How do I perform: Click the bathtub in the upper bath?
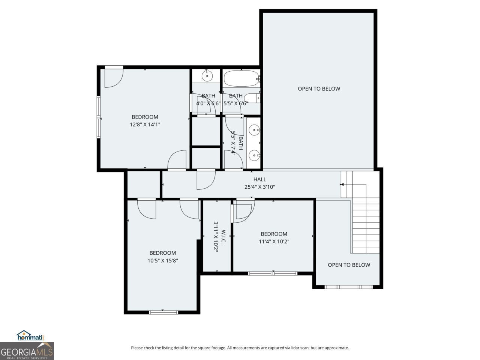[x=241, y=79]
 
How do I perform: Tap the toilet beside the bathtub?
[x=255, y=98]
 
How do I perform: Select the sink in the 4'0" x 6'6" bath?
[x=207, y=76]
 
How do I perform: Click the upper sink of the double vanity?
[x=255, y=130]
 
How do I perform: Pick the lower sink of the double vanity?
[x=255, y=155]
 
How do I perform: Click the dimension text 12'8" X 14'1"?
[x=145, y=124]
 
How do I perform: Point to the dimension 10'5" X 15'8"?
[x=162, y=260]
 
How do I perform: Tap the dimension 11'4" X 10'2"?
[x=274, y=241]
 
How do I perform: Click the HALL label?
[x=259, y=180]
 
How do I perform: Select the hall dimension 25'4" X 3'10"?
[x=259, y=187]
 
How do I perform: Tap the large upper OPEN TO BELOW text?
[x=319, y=89]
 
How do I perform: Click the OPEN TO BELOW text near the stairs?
[x=349, y=265]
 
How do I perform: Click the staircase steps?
[x=366, y=221]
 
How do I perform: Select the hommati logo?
[x=30, y=336]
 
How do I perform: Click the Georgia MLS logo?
[x=27, y=351]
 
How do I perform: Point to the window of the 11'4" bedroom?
[x=273, y=273]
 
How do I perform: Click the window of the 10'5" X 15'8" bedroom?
[x=163, y=312]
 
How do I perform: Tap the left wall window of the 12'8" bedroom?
[x=99, y=117]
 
